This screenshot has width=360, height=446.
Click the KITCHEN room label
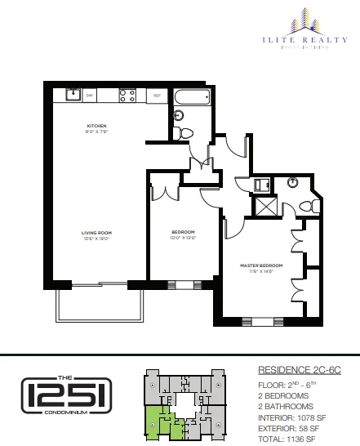pos(98,125)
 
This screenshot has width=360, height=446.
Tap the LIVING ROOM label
pos(96,233)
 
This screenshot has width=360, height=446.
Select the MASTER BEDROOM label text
pos(260,266)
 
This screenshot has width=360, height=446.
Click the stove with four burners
pos(127,94)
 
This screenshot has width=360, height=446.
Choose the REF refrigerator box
pos(158,96)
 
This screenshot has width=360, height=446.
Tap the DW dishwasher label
pos(91,96)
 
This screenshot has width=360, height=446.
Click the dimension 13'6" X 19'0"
pos(96,239)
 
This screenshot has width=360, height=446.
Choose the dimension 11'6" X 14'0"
pos(260,273)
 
